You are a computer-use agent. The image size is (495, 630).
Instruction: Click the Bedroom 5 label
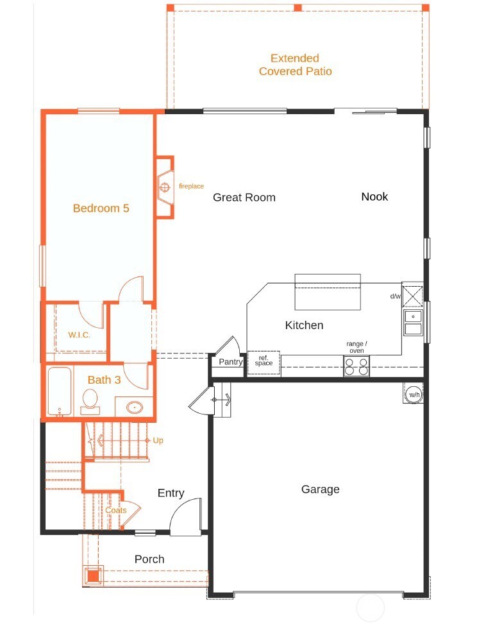tap(101, 208)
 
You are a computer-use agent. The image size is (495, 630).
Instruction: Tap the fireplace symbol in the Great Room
tap(164, 187)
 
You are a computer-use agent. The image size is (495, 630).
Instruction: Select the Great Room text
tap(244, 198)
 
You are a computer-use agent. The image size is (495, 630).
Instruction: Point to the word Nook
tap(374, 196)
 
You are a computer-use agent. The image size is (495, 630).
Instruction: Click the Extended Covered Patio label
tap(295, 65)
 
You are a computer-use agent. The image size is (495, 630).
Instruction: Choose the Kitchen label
tap(304, 325)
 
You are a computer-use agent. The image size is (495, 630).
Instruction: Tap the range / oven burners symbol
tap(357, 366)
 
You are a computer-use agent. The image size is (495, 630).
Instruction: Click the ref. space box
tap(264, 362)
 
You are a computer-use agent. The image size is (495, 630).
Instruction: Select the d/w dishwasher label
tap(395, 296)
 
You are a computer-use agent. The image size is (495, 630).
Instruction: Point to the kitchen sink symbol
tap(413, 322)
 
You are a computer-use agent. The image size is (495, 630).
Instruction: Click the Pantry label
tap(230, 362)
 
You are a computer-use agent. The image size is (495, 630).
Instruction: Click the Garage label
tap(320, 490)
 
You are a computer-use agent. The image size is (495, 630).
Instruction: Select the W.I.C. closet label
tap(80, 335)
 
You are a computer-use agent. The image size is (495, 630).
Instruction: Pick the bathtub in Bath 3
tap(60, 391)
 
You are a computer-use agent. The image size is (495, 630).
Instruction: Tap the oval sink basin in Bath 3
tap(135, 407)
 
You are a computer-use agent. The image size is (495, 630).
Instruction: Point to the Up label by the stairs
tap(158, 441)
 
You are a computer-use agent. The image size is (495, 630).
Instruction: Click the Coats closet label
tap(116, 511)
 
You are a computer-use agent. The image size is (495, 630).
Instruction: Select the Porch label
tap(149, 559)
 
